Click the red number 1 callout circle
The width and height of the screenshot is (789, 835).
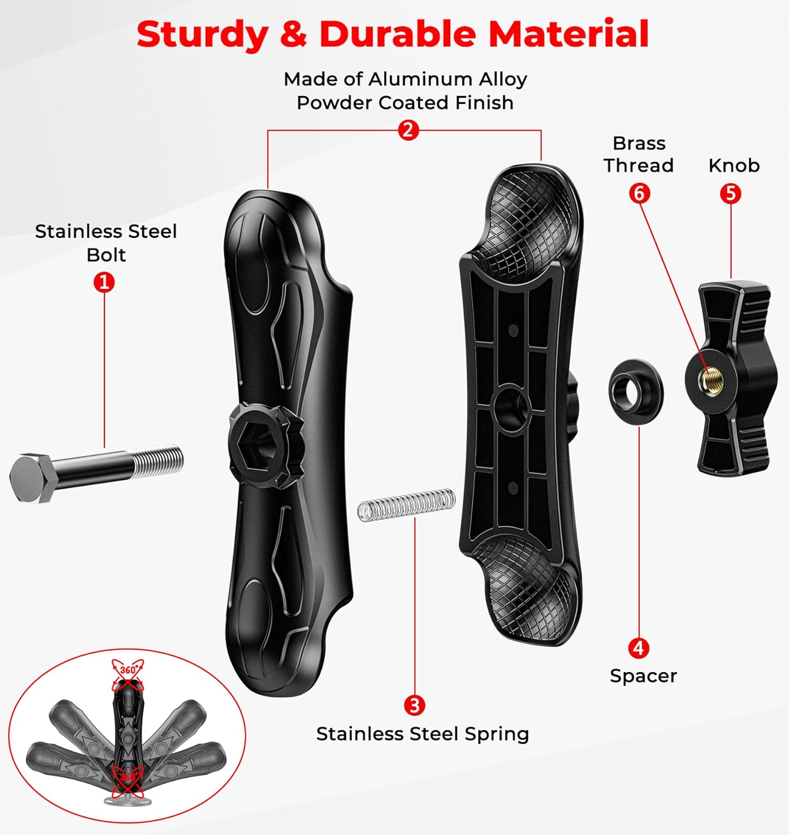pyautogui.click(x=104, y=282)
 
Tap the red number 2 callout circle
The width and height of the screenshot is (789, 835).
pyautogui.click(x=408, y=130)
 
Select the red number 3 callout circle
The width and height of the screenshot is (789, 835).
pyautogui.click(x=414, y=705)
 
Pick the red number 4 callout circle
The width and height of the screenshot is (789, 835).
pyautogui.click(x=639, y=648)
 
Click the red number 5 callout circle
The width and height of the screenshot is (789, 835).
pyautogui.click(x=731, y=193)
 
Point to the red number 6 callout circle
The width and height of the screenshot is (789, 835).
pyautogui.click(x=639, y=193)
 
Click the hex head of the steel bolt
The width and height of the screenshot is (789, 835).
pyautogui.click(x=30, y=478)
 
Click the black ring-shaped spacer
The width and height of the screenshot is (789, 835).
pyautogui.click(x=636, y=390)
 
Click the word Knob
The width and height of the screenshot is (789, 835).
pyautogui.click(x=734, y=165)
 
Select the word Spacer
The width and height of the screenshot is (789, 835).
pyautogui.click(x=643, y=676)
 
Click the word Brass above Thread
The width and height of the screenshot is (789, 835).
pyautogui.click(x=639, y=143)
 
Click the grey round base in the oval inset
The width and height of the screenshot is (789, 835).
pyautogui.click(x=128, y=800)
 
